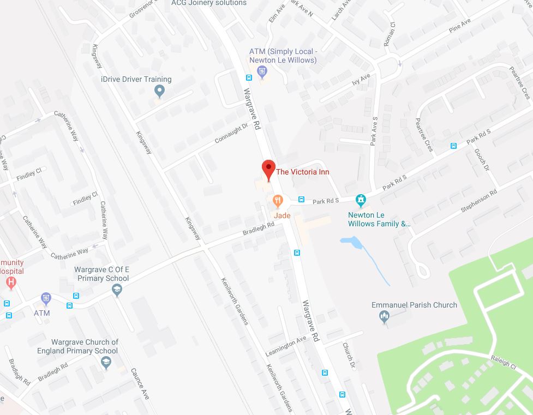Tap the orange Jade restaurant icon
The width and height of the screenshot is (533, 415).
pos(278,201)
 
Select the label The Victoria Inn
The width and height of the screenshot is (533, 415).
pos(303,172)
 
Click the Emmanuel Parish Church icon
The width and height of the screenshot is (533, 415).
pos(384,316)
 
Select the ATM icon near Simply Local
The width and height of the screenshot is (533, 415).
pos(262,71)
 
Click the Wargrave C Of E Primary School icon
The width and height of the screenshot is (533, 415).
pos(116,291)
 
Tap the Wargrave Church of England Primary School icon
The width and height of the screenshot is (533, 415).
pos(106,361)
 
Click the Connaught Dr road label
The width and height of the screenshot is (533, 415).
pos(231,134)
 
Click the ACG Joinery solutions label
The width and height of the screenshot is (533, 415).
pos(209,3)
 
